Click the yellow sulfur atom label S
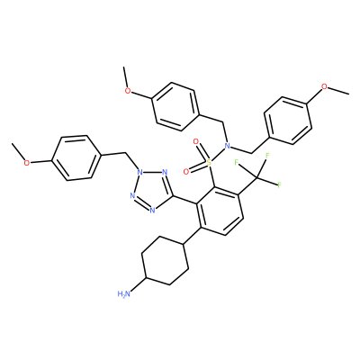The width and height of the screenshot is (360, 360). coord(209,162)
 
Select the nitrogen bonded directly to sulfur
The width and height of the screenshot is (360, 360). coord(227,146)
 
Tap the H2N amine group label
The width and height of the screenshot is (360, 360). coord(124,293)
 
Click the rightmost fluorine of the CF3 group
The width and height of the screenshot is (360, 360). coord(279,184)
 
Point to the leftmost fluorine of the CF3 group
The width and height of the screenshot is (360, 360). coord(236,162)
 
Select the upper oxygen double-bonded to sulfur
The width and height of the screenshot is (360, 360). coord(196,141)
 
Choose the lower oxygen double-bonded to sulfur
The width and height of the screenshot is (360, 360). coord(186,172)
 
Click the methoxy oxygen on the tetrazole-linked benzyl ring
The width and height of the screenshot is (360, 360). coord(27,163)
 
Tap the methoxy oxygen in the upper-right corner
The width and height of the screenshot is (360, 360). coord(324,87)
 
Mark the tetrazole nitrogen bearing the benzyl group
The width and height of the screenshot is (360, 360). coord(139,172)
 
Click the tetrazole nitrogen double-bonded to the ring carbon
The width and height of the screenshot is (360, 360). coord(164,172)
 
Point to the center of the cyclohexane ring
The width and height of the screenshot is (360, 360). coord(165,261)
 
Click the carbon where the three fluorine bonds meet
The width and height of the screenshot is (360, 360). coord(256,179)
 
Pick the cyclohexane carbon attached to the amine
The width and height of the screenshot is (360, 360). coord(146,278)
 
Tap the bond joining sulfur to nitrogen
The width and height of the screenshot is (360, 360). coord(218,154)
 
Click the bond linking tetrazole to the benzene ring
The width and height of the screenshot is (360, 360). coord(185,200)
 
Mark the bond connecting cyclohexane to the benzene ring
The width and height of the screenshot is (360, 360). coord(192,236)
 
